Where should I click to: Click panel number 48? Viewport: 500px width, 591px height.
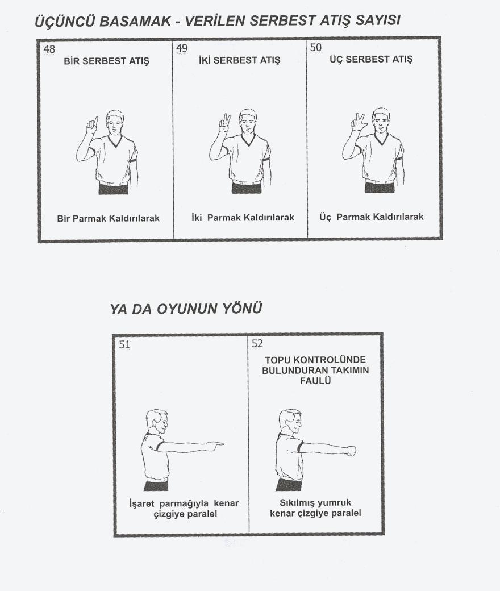click(49, 49)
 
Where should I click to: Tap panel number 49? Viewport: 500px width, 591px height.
click(182, 48)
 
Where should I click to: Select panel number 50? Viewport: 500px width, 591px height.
click(316, 47)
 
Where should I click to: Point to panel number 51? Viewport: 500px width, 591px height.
click(124, 344)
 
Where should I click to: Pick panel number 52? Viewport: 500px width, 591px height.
click(257, 343)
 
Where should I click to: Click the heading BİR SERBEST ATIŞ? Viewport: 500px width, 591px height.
click(107, 61)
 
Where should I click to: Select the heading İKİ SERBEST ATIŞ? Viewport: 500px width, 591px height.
click(240, 60)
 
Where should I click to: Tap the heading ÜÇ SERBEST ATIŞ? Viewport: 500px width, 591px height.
click(371, 59)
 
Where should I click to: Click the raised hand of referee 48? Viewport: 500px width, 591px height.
click(91, 125)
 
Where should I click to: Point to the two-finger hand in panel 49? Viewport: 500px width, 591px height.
click(224, 123)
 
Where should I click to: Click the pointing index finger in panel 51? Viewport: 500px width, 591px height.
click(216, 445)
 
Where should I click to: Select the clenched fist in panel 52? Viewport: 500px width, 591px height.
click(351, 451)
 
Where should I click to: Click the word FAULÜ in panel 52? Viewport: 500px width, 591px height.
click(315, 381)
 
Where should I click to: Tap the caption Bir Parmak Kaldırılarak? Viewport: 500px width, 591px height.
click(109, 218)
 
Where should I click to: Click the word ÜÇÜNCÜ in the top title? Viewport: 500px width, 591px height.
click(64, 22)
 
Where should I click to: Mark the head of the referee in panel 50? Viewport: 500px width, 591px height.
click(381, 119)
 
